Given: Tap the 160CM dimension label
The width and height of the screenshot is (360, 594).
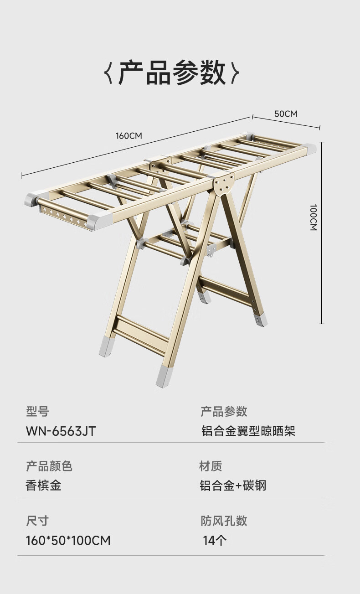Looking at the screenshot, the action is (x=129, y=135).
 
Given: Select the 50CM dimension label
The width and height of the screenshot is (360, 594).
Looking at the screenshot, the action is (x=286, y=114).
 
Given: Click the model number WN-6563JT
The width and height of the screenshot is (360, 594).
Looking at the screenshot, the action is (x=61, y=431).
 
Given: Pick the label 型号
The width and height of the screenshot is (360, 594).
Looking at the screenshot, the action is (x=37, y=412).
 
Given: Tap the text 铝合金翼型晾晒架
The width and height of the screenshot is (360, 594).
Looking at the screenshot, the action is (x=248, y=431).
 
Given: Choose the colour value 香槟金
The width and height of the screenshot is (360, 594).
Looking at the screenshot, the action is (x=43, y=485).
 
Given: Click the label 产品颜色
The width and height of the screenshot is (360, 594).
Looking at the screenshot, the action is (x=49, y=466).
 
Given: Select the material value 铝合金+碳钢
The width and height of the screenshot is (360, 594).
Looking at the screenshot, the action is (x=232, y=485).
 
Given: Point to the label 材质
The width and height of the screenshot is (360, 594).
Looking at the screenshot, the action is (x=211, y=466).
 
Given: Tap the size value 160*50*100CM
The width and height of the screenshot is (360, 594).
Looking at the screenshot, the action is (x=68, y=541).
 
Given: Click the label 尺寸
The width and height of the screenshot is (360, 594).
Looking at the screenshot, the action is (x=37, y=521).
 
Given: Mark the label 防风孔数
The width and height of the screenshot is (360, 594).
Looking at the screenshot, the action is (x=224, y=521).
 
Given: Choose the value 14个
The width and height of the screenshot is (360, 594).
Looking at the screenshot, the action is (x=215, y=541).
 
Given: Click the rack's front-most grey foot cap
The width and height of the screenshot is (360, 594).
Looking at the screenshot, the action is (x=164, y=376).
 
